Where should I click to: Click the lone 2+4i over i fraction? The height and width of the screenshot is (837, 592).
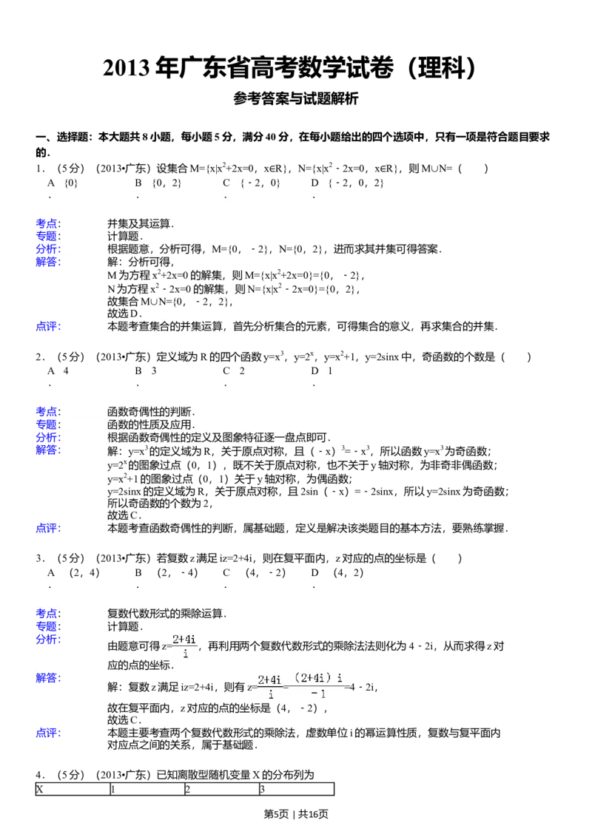coord(186,647)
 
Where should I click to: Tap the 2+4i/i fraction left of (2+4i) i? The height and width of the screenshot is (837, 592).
coord(270,687)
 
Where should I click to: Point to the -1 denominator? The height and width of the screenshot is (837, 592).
coord(319,694)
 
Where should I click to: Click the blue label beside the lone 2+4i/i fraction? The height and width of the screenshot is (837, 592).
coord(50,640)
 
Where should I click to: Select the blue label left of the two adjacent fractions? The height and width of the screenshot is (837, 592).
coord(50,679)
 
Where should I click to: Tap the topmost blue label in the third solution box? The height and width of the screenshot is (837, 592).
coord(50,613)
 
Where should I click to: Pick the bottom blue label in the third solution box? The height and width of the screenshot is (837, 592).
coord(50,733)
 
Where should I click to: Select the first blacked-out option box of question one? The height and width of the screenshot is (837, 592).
coord(97,186)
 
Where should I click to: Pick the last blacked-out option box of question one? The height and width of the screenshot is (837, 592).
coord(363,186)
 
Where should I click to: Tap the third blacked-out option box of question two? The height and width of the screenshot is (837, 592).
coord(274,376)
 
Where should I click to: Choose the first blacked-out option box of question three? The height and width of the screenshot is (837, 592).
coord(97,577)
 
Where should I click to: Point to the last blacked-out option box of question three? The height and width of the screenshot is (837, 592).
coord(363,577)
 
